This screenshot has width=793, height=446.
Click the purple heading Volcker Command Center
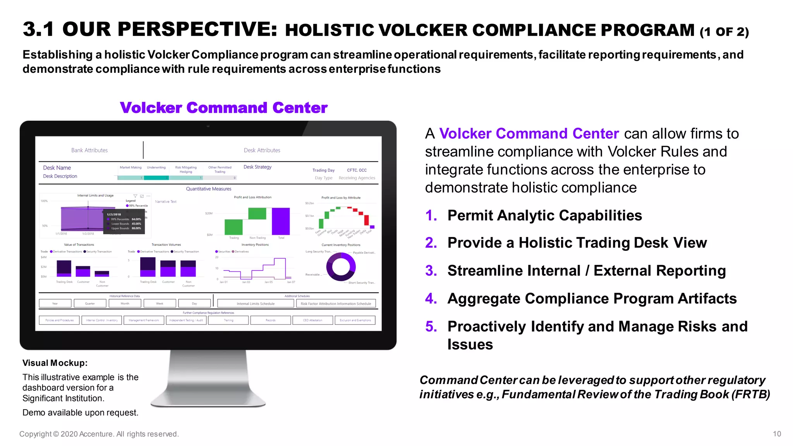coord(223,108)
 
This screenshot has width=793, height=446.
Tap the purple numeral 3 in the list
coord(431,271)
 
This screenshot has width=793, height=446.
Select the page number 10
coord(777,434)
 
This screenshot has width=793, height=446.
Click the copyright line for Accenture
coord(99,434)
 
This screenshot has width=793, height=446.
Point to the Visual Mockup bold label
coord(55,363)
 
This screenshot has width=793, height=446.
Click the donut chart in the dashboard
coord(341,267)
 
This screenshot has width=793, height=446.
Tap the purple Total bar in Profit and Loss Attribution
coord(281,221)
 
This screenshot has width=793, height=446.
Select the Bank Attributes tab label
coord(89,150)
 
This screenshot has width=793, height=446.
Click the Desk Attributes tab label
coord(262,150)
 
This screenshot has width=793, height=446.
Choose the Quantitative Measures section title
coord(209,189)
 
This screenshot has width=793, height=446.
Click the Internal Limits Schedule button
coord(256,304)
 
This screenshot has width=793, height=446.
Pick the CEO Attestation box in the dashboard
coord(312,320)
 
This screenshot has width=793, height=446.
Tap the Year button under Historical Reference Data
coord(55,304)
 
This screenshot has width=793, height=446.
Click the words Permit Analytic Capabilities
coord(544,215)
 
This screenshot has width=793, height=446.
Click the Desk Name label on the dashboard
coord(57,168)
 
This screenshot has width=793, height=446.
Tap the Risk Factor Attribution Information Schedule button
coord(336,304)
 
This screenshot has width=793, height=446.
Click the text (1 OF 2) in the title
coord(724,32)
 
